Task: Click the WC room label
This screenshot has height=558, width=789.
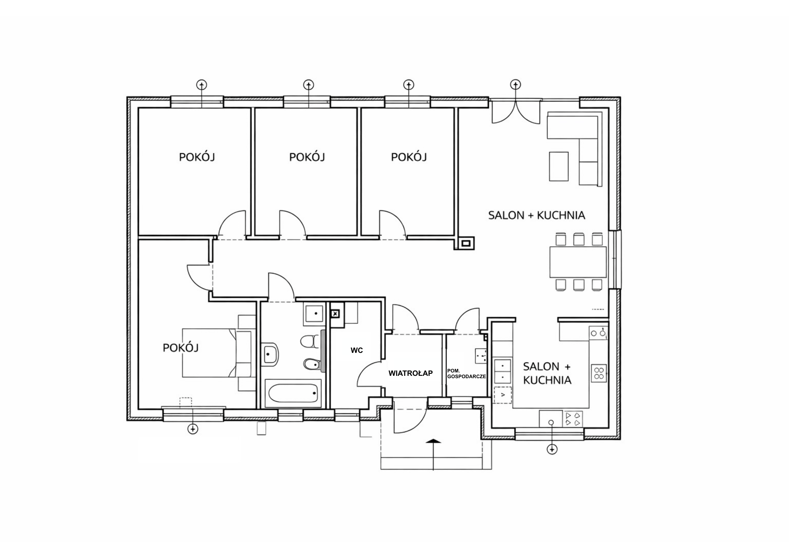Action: [357, 351]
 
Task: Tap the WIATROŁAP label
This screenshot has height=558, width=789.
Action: [410, 373]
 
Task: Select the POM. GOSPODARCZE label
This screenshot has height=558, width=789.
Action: [466, 374]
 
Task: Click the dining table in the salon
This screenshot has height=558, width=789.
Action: [577, 262]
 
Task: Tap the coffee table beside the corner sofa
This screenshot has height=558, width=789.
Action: [559, 166]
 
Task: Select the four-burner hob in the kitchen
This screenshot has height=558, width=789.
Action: [599, 373]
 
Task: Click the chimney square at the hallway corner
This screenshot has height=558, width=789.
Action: [466, 243]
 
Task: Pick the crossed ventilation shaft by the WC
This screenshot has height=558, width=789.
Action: [335, 313]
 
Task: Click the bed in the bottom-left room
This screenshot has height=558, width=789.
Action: [219, 353]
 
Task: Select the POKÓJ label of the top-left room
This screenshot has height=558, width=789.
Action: [197, 157]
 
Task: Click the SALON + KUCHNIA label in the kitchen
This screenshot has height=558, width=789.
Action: [547, 373]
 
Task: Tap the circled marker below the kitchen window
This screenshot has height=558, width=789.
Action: [552, 449]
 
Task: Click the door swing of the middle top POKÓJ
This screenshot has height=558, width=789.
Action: [292, 223]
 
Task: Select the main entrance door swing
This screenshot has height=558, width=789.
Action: [410, 419]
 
